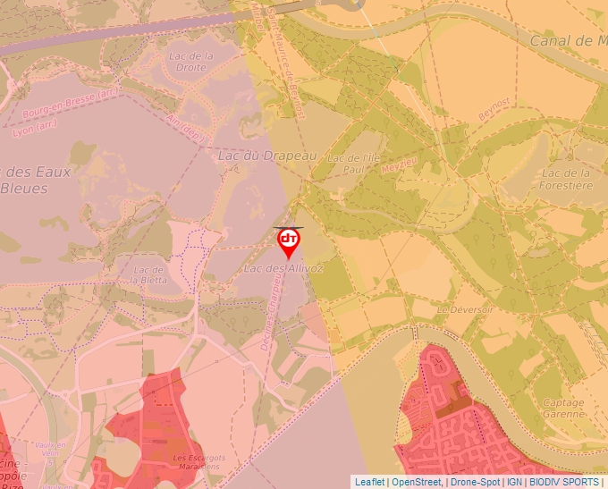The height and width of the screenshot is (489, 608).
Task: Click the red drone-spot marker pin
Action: [289, 242]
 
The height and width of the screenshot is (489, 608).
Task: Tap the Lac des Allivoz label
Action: [283, 267]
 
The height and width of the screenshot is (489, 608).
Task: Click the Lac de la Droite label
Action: [192, 61]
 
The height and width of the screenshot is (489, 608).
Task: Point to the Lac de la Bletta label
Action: [148, 274]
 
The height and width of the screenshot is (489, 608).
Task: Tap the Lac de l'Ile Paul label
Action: [350, 164]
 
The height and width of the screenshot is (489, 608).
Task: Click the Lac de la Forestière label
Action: [567, 179]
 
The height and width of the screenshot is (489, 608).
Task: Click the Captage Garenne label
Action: [563, 408]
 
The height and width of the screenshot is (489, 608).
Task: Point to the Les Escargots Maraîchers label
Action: [198, 462]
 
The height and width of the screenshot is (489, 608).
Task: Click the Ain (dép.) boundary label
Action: [185, 131]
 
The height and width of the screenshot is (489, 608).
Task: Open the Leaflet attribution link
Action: [369, 482]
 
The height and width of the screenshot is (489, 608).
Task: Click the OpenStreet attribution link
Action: [416, 482]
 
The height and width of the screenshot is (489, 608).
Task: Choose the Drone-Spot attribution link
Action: [475, 482]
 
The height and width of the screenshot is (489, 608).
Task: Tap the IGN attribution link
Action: [514, 482]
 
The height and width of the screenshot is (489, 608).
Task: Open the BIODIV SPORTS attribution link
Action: [564, 482]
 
